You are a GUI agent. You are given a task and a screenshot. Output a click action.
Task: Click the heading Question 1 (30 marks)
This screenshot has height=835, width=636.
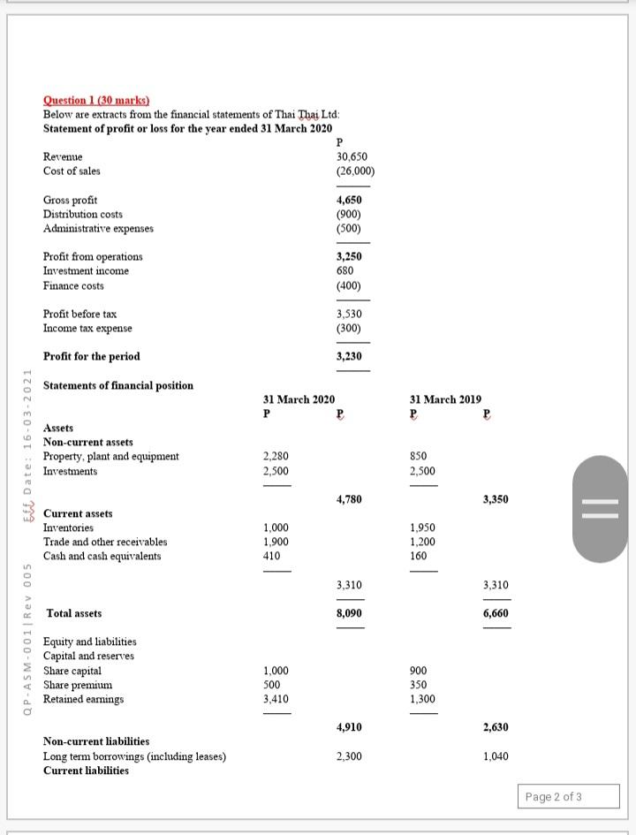(96, 102)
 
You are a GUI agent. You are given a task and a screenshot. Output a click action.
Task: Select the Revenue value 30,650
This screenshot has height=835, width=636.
(351, 156)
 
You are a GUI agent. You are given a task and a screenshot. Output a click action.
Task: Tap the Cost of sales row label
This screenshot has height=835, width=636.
(72, 171)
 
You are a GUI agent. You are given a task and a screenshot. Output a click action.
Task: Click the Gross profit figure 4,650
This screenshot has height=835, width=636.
(350, 201)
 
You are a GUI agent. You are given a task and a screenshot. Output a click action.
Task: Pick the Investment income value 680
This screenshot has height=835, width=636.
(345, 271)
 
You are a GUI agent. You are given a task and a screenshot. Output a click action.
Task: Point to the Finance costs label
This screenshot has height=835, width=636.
(73, 285)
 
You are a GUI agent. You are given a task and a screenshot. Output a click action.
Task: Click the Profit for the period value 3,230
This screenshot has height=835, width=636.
(350, 356)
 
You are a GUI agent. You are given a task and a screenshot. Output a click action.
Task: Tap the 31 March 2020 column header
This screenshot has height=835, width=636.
(299, 399)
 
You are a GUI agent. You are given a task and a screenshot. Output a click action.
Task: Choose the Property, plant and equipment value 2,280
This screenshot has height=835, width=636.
(276, 457)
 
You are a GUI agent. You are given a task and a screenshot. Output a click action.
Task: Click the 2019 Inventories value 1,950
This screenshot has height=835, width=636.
(422, 528)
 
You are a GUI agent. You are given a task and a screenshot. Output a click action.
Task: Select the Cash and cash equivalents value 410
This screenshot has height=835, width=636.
(271, 557)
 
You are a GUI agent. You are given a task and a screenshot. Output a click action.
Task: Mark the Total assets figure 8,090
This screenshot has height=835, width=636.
(350, 613)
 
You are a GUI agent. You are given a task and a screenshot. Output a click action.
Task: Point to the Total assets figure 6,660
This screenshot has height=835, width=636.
(496, 613)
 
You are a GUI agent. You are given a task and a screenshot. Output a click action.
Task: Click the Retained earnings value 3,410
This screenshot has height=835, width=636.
(276, 699)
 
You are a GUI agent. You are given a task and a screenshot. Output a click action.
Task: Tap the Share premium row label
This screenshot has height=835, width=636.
(78, 685)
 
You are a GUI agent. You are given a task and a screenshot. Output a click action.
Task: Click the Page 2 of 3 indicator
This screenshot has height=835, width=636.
(553, 797)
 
